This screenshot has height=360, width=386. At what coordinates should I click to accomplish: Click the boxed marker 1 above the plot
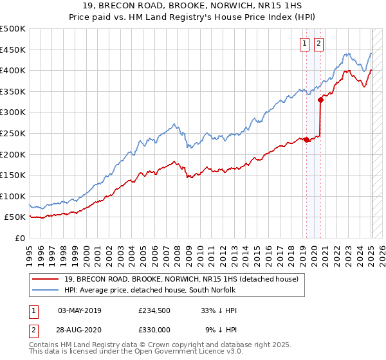click(304, 44)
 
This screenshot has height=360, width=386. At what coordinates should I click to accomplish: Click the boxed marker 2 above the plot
click(318, 44)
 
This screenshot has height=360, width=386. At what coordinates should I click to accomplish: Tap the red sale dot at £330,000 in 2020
click(320, 100)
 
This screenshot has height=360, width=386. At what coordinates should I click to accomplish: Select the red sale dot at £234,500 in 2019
click(306, 139)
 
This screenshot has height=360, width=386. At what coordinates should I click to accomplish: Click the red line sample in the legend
click(46, 279)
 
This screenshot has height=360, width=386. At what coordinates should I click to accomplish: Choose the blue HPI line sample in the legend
click(46, 290)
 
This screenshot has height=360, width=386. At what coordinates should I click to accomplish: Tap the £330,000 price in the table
click(154, 329)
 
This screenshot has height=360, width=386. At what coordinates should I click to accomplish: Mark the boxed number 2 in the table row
click(33, 329)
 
